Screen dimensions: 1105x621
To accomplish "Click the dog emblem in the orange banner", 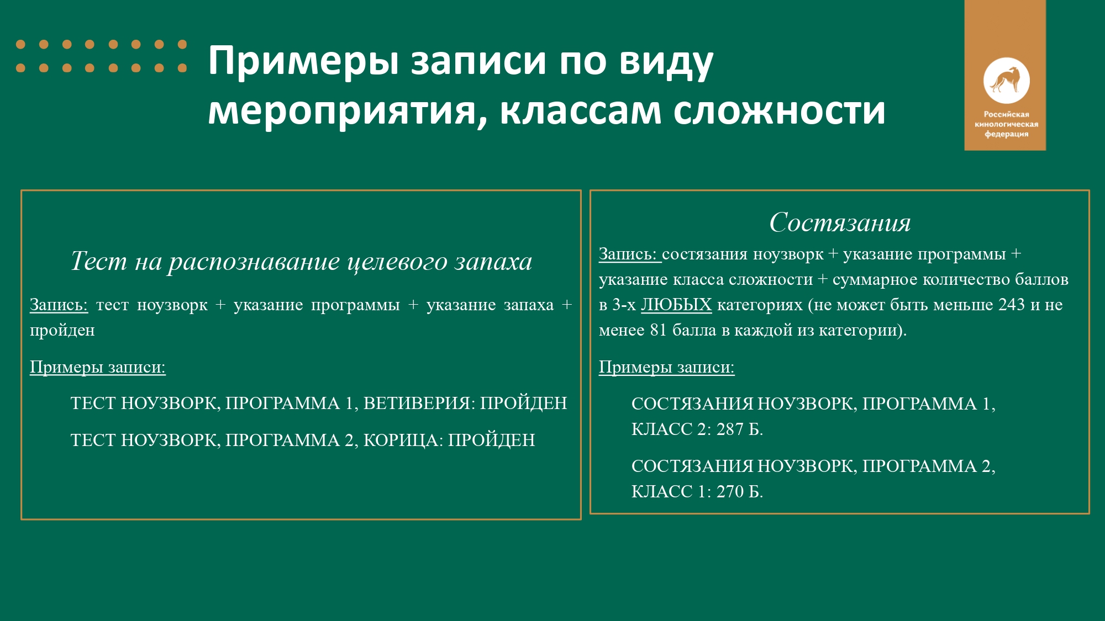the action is coord(1006,81).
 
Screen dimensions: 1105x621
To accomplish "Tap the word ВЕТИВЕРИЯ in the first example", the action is coord(417,403).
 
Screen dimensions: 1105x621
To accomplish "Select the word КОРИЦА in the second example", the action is coord(401,440).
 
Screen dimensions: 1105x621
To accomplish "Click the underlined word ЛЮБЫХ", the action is coord(676,305).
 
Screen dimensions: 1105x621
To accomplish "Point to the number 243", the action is coord(1012,305).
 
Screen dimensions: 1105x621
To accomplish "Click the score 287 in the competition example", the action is coord(730,429).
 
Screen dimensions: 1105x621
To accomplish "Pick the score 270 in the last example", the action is coord(730,491).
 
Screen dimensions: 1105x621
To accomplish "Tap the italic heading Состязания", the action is coord(840,222).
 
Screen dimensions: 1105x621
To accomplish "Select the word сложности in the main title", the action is coord(780,110).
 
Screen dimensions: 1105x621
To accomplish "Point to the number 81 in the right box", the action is coord(659,330).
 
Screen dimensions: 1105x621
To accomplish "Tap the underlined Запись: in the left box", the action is coord(59,305).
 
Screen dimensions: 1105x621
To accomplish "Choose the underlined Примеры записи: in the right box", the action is coord(667,367).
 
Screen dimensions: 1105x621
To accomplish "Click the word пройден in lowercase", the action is coord(62,330).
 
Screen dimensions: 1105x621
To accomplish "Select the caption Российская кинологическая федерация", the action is coord(1006,124).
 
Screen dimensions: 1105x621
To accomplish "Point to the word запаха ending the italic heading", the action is coord(493,262).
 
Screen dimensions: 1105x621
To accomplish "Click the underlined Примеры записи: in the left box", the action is coord(98,367).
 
